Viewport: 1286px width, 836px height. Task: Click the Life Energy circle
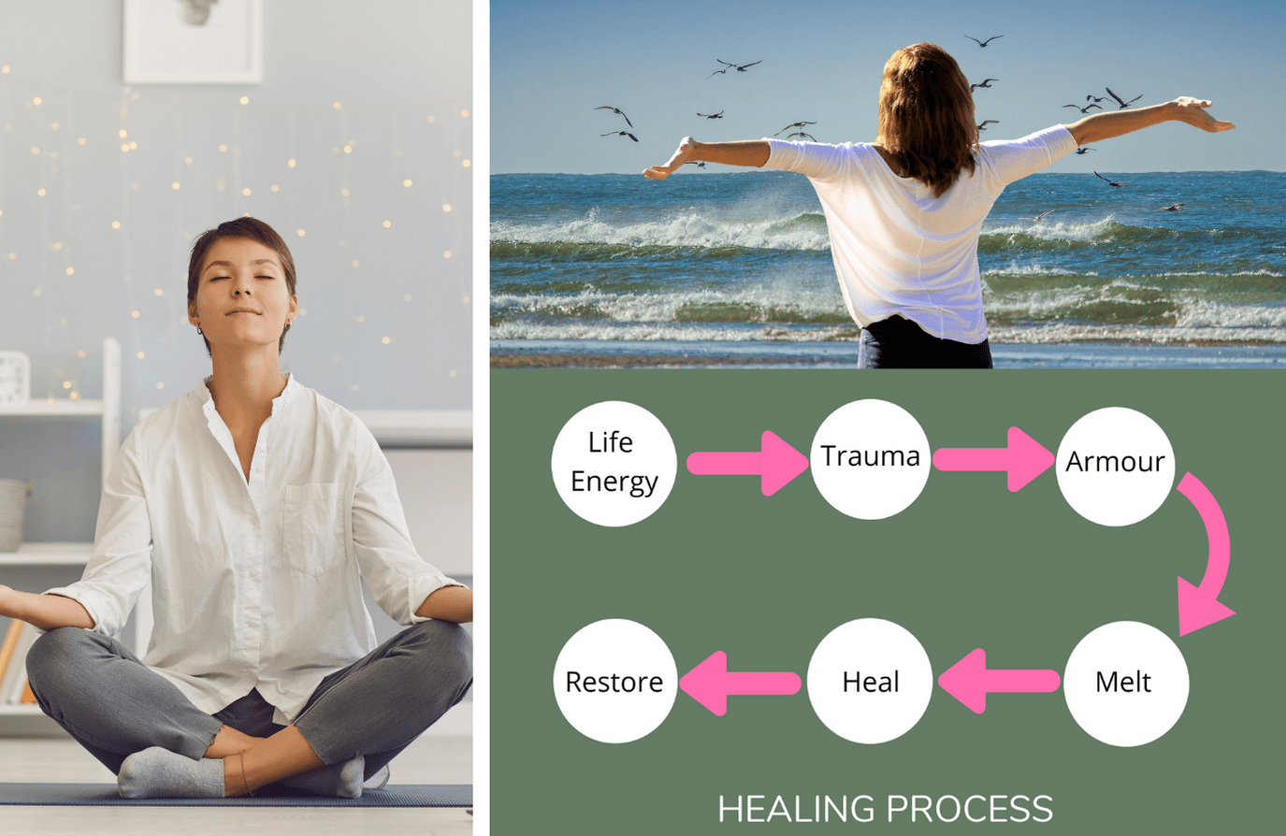pyautogui.click(x=614, y=463)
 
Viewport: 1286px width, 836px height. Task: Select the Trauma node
pyautogui.click(x=870, y=458)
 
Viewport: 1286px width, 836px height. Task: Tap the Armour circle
pyautogui.click(x=1115, y=462)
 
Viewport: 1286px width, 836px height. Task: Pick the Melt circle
pyautogui.click(x=1125, y=683)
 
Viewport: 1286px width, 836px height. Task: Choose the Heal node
pyautogui.click(x=870, y=683)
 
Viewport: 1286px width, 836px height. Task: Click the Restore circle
pyautogui.click(x=614, y=682)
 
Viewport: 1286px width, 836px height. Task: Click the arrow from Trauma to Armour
pyautogui.click(x=992, y=459)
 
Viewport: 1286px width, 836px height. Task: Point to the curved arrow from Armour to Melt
pyautogui.click(x=1210, y=552)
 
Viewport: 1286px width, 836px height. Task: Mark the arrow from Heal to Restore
pyautogui.click(x=740, y=684)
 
